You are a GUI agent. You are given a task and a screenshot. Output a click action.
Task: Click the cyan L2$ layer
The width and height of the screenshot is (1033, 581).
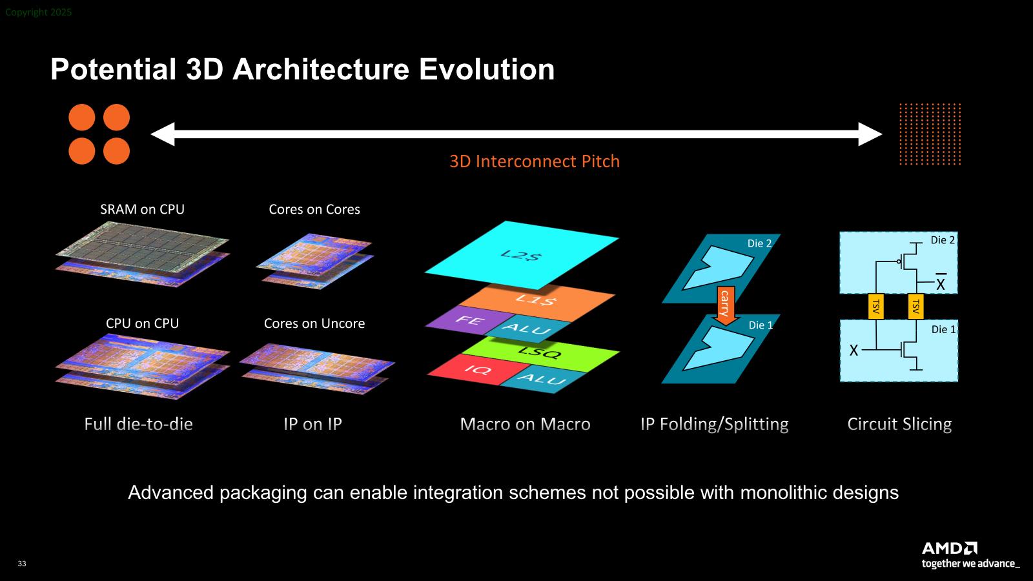click(521, 255)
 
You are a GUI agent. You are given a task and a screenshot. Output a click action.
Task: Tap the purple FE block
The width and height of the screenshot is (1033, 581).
click(468, 320)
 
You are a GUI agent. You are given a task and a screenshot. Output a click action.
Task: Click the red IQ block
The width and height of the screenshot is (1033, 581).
click(475, 369)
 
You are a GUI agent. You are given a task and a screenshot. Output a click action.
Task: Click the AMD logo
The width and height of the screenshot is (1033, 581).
click(950, 548)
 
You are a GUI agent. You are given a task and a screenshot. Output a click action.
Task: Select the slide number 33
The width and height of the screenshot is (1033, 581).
click(22, 564)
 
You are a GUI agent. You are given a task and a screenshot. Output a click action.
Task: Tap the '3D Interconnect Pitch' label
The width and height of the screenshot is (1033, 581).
click(535, 161)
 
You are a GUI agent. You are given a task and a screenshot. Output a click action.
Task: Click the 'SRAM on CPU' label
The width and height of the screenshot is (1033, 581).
click(142, 209)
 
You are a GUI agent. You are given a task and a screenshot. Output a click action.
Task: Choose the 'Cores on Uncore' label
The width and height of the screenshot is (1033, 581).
click(314, 323)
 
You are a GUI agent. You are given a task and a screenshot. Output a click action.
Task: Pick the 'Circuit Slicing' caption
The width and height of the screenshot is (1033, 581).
click(899, 424)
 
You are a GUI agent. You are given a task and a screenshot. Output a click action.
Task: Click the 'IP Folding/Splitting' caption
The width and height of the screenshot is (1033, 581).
click(714, 424)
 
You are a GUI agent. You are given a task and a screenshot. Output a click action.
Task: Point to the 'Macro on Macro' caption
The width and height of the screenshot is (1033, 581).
click(526, 424)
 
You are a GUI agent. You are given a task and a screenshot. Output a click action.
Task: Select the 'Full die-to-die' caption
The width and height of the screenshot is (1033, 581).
click(138, 424)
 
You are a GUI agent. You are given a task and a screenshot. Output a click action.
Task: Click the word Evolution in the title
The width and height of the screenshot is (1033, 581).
click(487, 69)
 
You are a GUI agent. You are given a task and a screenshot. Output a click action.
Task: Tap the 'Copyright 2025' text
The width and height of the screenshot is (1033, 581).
click(38, 12)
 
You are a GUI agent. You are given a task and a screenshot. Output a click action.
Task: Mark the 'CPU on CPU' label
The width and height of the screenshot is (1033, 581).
click(142, 323)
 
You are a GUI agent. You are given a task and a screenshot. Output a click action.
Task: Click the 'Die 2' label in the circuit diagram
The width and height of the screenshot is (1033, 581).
click(943, 240)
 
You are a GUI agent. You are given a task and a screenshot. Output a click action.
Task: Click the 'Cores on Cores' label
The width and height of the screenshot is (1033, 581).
click(314, 209)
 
